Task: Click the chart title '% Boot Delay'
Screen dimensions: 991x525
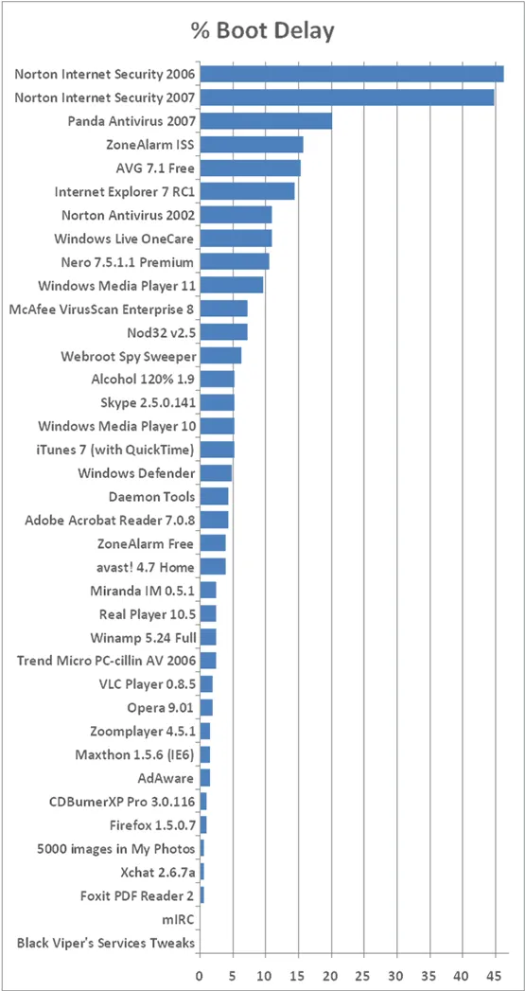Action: coord(262,31)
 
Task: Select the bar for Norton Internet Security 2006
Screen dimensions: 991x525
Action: coord(351,74)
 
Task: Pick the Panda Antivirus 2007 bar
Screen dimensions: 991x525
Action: coord(266,120)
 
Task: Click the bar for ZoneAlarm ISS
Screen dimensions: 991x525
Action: coord(251,144)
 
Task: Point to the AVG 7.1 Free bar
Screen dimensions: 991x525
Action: coord(250,168)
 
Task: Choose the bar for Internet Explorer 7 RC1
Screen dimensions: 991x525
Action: coord(247,191)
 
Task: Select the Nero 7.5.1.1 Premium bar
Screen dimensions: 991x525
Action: coord(235,261)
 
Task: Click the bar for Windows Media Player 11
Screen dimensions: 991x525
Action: coord(231,285)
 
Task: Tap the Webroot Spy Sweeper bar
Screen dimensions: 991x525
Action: coord(220,355)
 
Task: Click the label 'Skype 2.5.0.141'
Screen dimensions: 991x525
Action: coord(148,402)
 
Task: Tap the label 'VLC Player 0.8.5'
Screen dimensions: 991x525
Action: coord(147,684)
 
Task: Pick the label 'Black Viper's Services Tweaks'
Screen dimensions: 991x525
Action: coord(106,943)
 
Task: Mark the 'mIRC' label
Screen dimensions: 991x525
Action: coord(179,919)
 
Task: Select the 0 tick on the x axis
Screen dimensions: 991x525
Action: coord(200,972)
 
